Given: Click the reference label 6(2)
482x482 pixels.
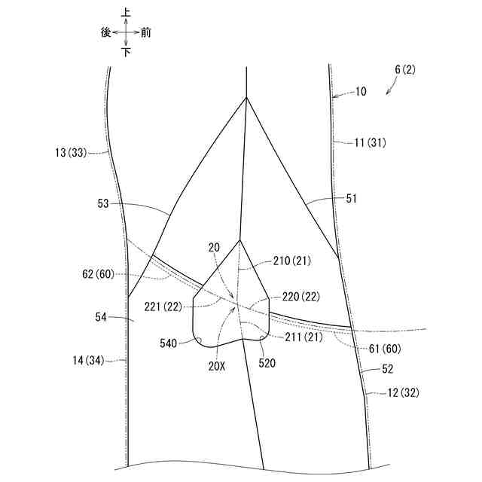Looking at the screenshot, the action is click(x=404, y=70).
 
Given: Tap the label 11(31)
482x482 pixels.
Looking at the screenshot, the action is click(x=370, y=142).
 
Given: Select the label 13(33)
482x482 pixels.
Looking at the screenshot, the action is click(x=72, y=153).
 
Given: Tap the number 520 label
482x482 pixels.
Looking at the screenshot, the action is click(x=267, y=362).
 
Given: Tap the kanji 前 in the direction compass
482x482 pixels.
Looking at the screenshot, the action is click(x=145, y=32).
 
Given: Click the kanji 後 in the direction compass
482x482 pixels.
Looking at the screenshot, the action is click(x=105, y=32).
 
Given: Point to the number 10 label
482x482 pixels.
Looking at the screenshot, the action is click(x=361, y=92).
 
